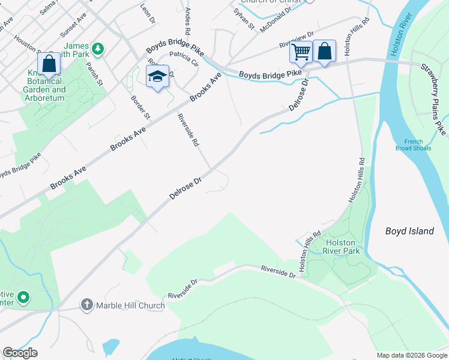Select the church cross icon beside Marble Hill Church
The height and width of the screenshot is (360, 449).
87,305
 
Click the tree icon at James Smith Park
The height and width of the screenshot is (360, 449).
97,47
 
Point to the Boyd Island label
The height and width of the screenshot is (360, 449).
409,231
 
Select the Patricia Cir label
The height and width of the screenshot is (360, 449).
184,58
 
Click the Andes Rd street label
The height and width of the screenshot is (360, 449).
187,21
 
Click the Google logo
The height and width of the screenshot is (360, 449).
20,353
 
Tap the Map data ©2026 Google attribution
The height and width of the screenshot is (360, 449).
411,355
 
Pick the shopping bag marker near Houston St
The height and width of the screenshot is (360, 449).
48,65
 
